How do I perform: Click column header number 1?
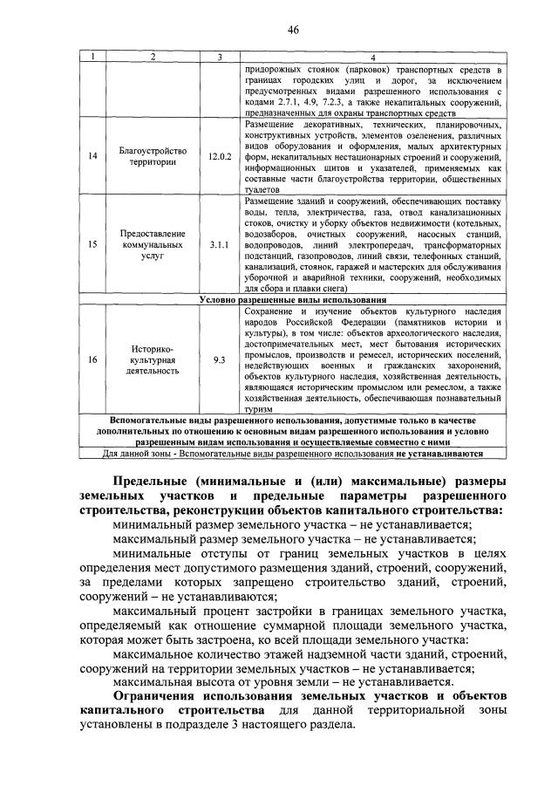coord(92,58)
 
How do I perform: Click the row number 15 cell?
coord(92,246)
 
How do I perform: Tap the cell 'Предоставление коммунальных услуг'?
coord(153,246)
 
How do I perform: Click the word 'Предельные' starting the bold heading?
coord(150,480)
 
